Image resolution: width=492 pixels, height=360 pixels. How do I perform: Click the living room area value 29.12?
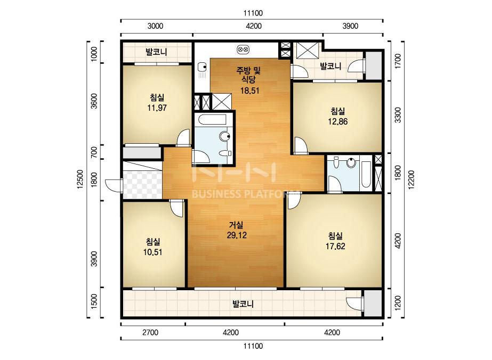[x=237, y=235]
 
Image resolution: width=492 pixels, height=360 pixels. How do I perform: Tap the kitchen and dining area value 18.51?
[x=249, y=91]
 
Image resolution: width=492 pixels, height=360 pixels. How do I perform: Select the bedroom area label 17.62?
[x=335, y=246]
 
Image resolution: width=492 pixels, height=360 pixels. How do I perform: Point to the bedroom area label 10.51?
[x=152, y=252]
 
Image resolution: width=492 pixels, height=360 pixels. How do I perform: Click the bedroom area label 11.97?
[x=157, y=108]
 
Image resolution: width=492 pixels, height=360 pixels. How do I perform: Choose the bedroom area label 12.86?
[x=337, y=121]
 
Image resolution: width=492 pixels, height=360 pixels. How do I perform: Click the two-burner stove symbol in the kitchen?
[x=244, y=49]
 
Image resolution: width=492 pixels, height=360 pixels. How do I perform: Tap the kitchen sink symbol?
[x=202, y=67]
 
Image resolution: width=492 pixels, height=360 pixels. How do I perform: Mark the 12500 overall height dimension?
[x=80, y=179]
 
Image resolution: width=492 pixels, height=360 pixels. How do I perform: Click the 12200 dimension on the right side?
[x=412, y=179]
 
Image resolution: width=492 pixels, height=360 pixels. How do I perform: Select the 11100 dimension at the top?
[x=253, y=13]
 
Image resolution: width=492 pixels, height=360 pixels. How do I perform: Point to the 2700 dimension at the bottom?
[x=150, y=332]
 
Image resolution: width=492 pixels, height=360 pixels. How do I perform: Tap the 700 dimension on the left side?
[x=94, y=152]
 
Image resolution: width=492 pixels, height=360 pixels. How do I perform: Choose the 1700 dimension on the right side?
[x=398, y=61]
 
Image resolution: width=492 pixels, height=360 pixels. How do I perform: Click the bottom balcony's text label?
[x=243, y=304]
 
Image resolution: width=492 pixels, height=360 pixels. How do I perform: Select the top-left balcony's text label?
[x=156, y=52]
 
